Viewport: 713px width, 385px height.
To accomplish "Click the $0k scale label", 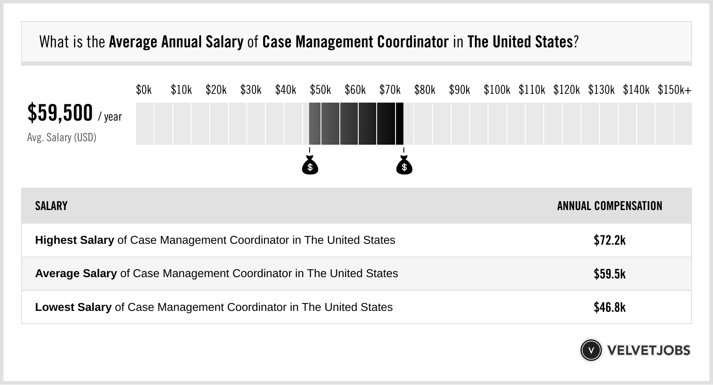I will coord(144,90).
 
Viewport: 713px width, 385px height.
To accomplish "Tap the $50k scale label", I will coord(320,90).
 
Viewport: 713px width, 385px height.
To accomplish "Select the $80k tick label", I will coord(424,90).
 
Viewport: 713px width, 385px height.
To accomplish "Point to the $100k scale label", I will coord(496,90).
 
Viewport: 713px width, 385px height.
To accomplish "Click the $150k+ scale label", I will coord(674,90).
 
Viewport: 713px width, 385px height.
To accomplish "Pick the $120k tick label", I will coord(566,90).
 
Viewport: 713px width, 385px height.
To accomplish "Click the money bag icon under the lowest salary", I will coord(310,165).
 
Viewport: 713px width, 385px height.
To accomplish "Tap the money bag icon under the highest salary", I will coord(404,165).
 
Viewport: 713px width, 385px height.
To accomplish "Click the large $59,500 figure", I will coord(60,113).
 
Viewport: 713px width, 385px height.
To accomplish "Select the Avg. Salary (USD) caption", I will coord(61,138).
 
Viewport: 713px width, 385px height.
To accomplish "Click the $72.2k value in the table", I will coord(610,240).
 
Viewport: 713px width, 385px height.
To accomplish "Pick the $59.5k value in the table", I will coord(610,274).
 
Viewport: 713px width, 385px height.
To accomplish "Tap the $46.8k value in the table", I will coord(610,307).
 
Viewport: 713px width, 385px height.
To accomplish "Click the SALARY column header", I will coord(51,206).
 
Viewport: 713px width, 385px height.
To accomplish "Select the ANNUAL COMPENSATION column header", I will coord(610,206).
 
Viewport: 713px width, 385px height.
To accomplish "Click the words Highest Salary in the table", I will coord(75,240).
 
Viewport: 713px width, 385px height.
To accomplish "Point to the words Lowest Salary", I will coord(73,307).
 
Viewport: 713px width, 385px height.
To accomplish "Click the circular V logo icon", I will coord(591,350).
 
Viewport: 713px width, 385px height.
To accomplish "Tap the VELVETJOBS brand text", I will coord(649,350).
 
